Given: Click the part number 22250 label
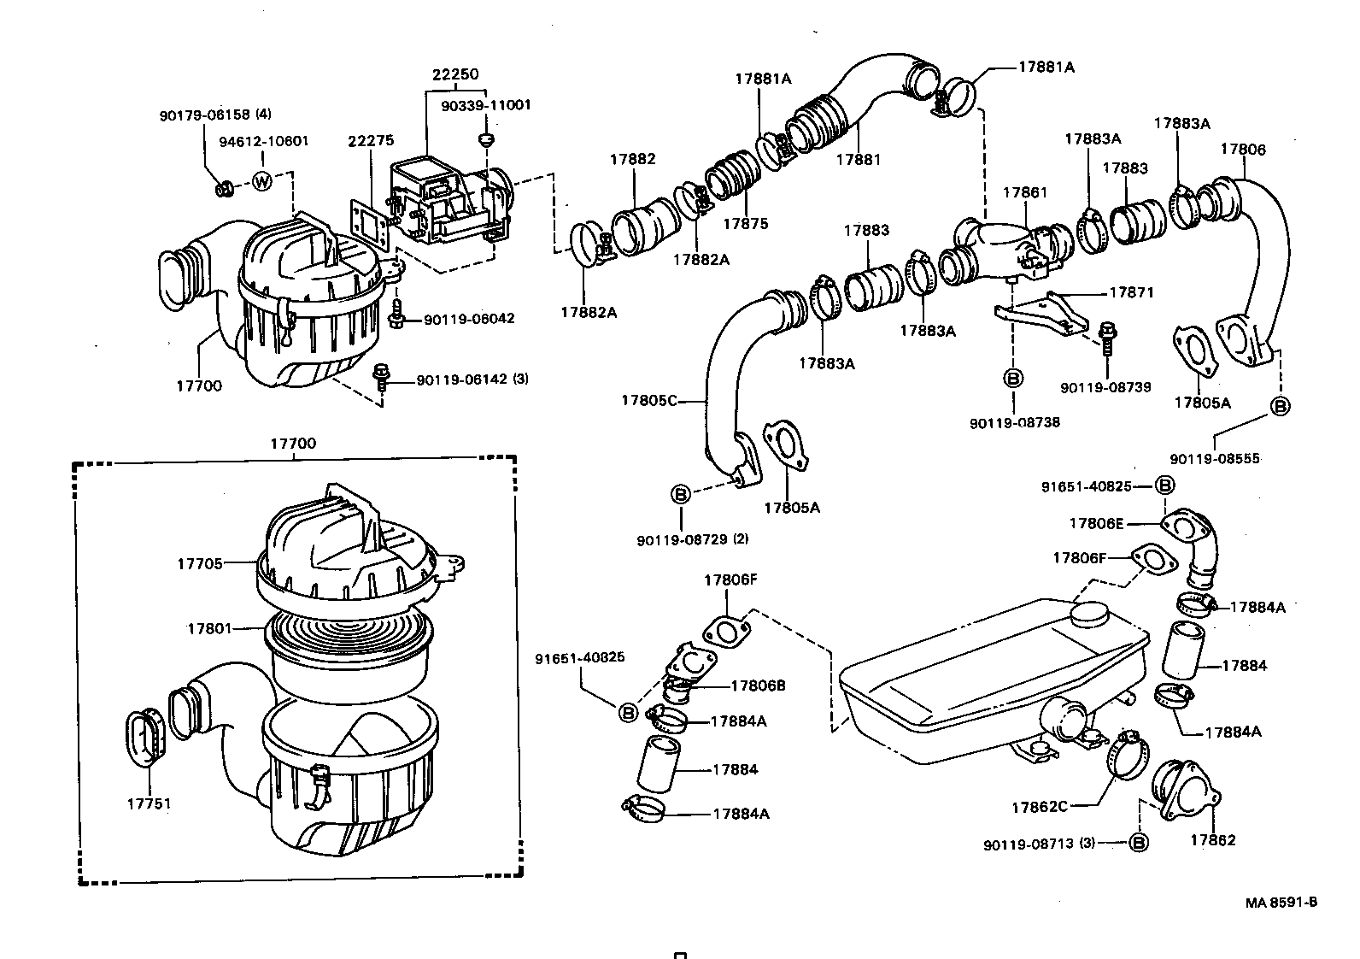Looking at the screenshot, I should tap(454, 74).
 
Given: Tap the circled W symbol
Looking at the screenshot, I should tap(262, 181).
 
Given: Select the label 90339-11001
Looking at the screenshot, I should tap(485, 105).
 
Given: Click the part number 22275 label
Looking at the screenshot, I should tap(370, 141).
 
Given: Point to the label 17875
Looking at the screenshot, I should tap(745, 224).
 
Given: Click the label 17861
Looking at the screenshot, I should tap(1024, 194).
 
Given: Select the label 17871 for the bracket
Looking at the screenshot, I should tap(1131, 292).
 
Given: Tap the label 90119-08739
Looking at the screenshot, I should tap(1105, 387).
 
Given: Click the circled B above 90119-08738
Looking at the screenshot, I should tap(1012, 378).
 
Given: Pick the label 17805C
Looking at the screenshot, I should tap(648, 399).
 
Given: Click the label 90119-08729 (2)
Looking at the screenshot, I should tap(691, 539).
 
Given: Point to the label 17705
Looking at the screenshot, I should tap(200, 563).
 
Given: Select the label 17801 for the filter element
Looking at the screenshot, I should tap(209, 628).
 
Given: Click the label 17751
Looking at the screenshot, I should tap(149, 803).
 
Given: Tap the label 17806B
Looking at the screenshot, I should tap(758, 685).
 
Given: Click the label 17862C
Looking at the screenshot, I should tap(1039, 807).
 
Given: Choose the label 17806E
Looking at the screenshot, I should tap(1096, 523).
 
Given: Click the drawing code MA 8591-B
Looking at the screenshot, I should tap(1281, 903).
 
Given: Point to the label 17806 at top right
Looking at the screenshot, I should tap(1242, 149).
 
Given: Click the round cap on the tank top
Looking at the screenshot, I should tap(1088, 612).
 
